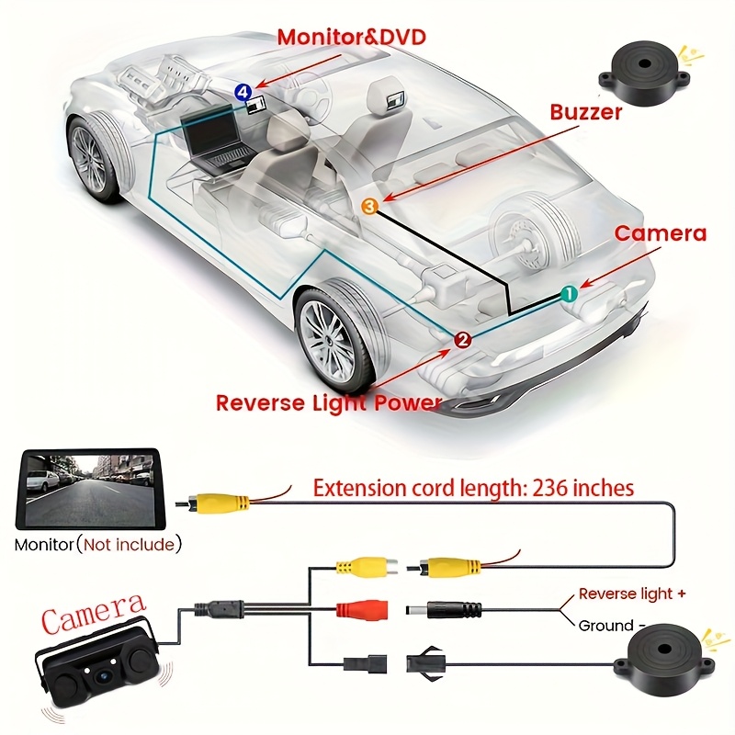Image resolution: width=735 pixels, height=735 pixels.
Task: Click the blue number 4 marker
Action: [242, 90]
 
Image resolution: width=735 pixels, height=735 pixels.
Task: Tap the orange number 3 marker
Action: [368, 208]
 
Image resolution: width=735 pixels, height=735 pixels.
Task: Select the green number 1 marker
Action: [569, 294]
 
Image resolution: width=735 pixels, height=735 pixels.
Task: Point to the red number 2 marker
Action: [463, 340]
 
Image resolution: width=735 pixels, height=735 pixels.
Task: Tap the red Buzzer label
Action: [586, 113]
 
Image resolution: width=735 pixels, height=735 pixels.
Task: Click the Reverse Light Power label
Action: [329, 402]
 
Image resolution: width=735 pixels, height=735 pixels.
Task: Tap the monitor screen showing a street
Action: [89, 490]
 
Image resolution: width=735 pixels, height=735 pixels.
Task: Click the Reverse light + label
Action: [631, 594]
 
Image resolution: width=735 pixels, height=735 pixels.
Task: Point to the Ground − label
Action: [611, 626]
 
